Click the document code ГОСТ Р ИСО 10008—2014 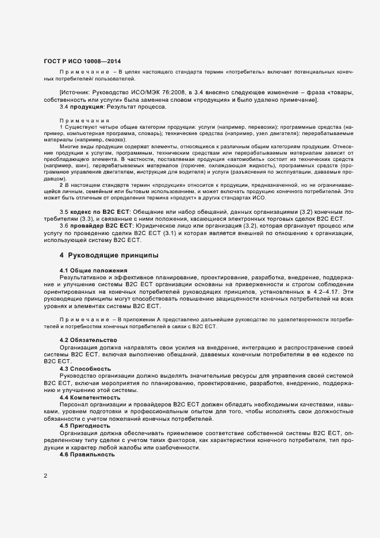82,61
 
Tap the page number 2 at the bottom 45,476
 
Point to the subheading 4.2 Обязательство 89,340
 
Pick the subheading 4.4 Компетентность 90,397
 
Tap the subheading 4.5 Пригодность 86,426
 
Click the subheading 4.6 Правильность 88,455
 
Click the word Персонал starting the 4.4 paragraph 75,404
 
